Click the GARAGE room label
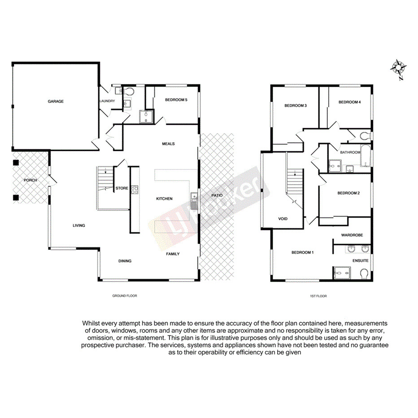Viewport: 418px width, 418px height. [x=56, y=101]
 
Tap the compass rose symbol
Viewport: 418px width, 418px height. [x=398, y=68]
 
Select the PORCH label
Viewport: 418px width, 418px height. [x=30, y=180]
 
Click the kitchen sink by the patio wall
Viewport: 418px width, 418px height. [x=194, y=201]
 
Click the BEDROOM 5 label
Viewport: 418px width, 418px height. [x=176, y=100]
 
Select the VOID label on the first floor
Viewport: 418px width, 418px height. [x=283, y=219]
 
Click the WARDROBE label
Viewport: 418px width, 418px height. [x=352, y=235]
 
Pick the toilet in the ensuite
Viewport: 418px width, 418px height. [x=365, y=273]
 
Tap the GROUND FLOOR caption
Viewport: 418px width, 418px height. [x=124, y=296]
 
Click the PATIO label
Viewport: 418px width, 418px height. [x=218, y=196]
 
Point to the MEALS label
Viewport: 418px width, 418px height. [x=168, y=144]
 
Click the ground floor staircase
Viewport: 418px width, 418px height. [x=106, y=182]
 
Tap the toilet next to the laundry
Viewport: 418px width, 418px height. [x=129, y=91]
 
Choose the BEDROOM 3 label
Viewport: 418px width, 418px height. [x=296, y=106]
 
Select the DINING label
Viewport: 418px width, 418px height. [x=125, y=261]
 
